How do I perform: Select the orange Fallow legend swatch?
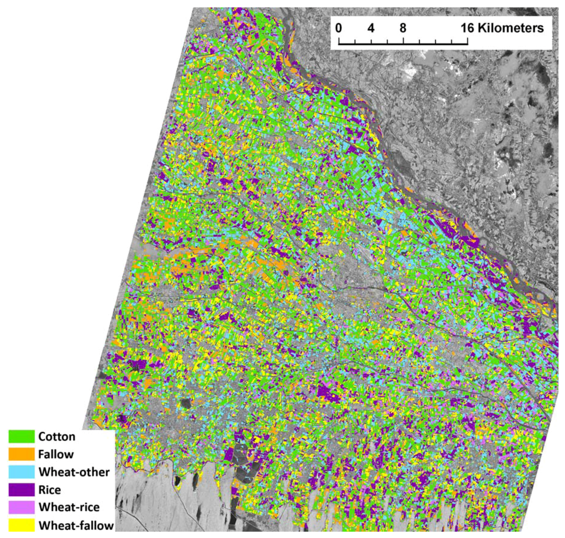(22, 454)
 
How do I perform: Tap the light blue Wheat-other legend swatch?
(22, 472)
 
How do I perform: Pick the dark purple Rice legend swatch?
(22, 489)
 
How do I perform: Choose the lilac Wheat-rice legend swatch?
(22, 507)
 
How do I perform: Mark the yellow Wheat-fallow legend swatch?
(22, 525)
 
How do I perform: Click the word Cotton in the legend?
(57, 436)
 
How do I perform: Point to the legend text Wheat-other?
(74, 472)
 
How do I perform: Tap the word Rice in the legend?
(49, 489)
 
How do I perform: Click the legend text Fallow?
(56, 454)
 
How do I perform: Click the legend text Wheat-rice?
(69, 507)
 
